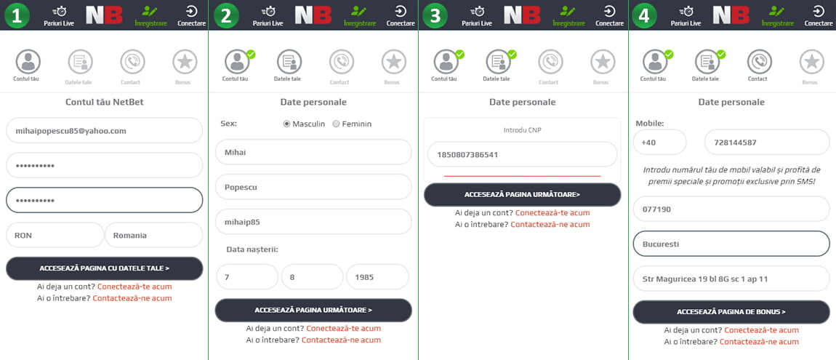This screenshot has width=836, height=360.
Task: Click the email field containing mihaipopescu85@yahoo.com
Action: pyautogui.click(x=105, y=131)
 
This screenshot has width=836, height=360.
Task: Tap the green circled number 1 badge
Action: pyautogui.click(x=17, y=15)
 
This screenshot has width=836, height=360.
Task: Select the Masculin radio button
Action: pyautogui.click(x=287, y=124)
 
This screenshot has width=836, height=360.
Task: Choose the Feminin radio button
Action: pyautogui.click(x=336, y=124)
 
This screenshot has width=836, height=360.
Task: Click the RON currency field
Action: pyautogui.click(x=55, y=235)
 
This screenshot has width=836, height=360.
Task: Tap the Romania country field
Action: pyautogui.click(x=154, y=235)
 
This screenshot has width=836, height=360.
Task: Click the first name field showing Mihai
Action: pyautogui.click(x=313, y=152)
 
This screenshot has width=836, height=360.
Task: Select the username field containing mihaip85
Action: pyautogui.click(x=313, y=221)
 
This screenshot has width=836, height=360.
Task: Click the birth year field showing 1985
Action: pyautogui.click(x=377, y=277)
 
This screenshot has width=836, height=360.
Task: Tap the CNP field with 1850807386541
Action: pyautogui.click(x=523, y=155)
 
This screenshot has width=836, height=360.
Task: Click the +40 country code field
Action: pyautogui.click(x=659, y=143)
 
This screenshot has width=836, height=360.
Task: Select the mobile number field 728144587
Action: pyautogui.click(x=767, y=143)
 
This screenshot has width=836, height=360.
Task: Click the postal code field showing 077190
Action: pyautogui.click(x=731, y=209)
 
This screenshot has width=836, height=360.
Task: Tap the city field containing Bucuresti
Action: pyautogui.click(x=731, y=244)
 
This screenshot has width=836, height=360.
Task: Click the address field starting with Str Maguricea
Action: pyautogui.click(x=731, y=279)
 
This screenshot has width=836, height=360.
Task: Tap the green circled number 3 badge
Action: pyautogui.click(x=435, y=15)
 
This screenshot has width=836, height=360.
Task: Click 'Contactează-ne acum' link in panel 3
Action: pyautogui.click(x=550, y=225)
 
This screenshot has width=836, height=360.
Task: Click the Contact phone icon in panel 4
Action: pyautogui.click(x=759, y=62)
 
